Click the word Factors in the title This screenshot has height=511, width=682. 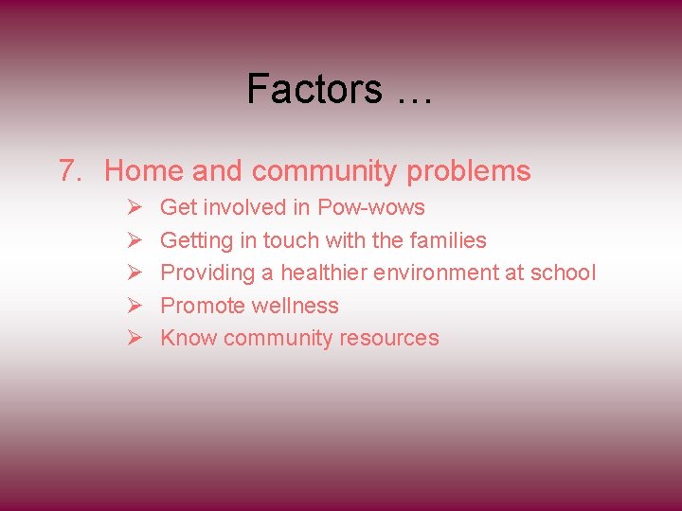(314, 89)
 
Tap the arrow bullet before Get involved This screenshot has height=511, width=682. (134, 207)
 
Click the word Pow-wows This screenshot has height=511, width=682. (371, 207)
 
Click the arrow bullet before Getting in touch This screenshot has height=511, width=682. (134, 240)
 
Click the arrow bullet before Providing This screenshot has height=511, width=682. (134, 273)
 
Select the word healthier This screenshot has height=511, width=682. (324, 273)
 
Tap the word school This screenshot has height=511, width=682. (564, 273)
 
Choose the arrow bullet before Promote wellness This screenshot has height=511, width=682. (134, 306)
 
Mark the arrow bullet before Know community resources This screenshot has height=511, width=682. (134, 339)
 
